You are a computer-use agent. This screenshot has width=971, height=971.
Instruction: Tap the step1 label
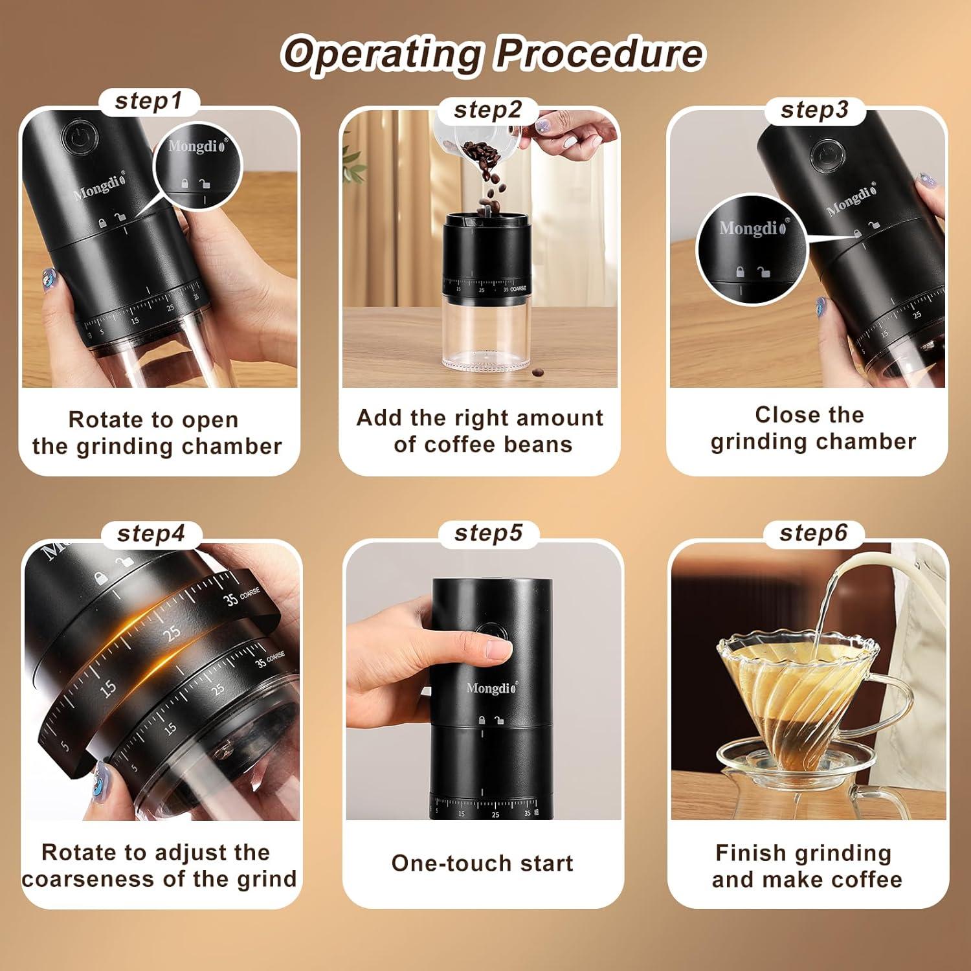(x=148, y=102)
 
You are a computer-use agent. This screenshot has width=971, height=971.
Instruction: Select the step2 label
(x=487, y=110)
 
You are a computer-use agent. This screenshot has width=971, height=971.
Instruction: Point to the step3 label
(x=814, y=110)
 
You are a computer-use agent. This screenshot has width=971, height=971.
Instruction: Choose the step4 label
(x=151, y=534)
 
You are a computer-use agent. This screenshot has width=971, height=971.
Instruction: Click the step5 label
(x=488, y=533)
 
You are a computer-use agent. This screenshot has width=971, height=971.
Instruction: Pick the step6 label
(x=813, y=533)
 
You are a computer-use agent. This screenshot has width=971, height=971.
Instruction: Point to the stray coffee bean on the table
(x=538, y=372)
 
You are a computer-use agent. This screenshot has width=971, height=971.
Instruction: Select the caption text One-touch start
(x=482, y=864)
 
